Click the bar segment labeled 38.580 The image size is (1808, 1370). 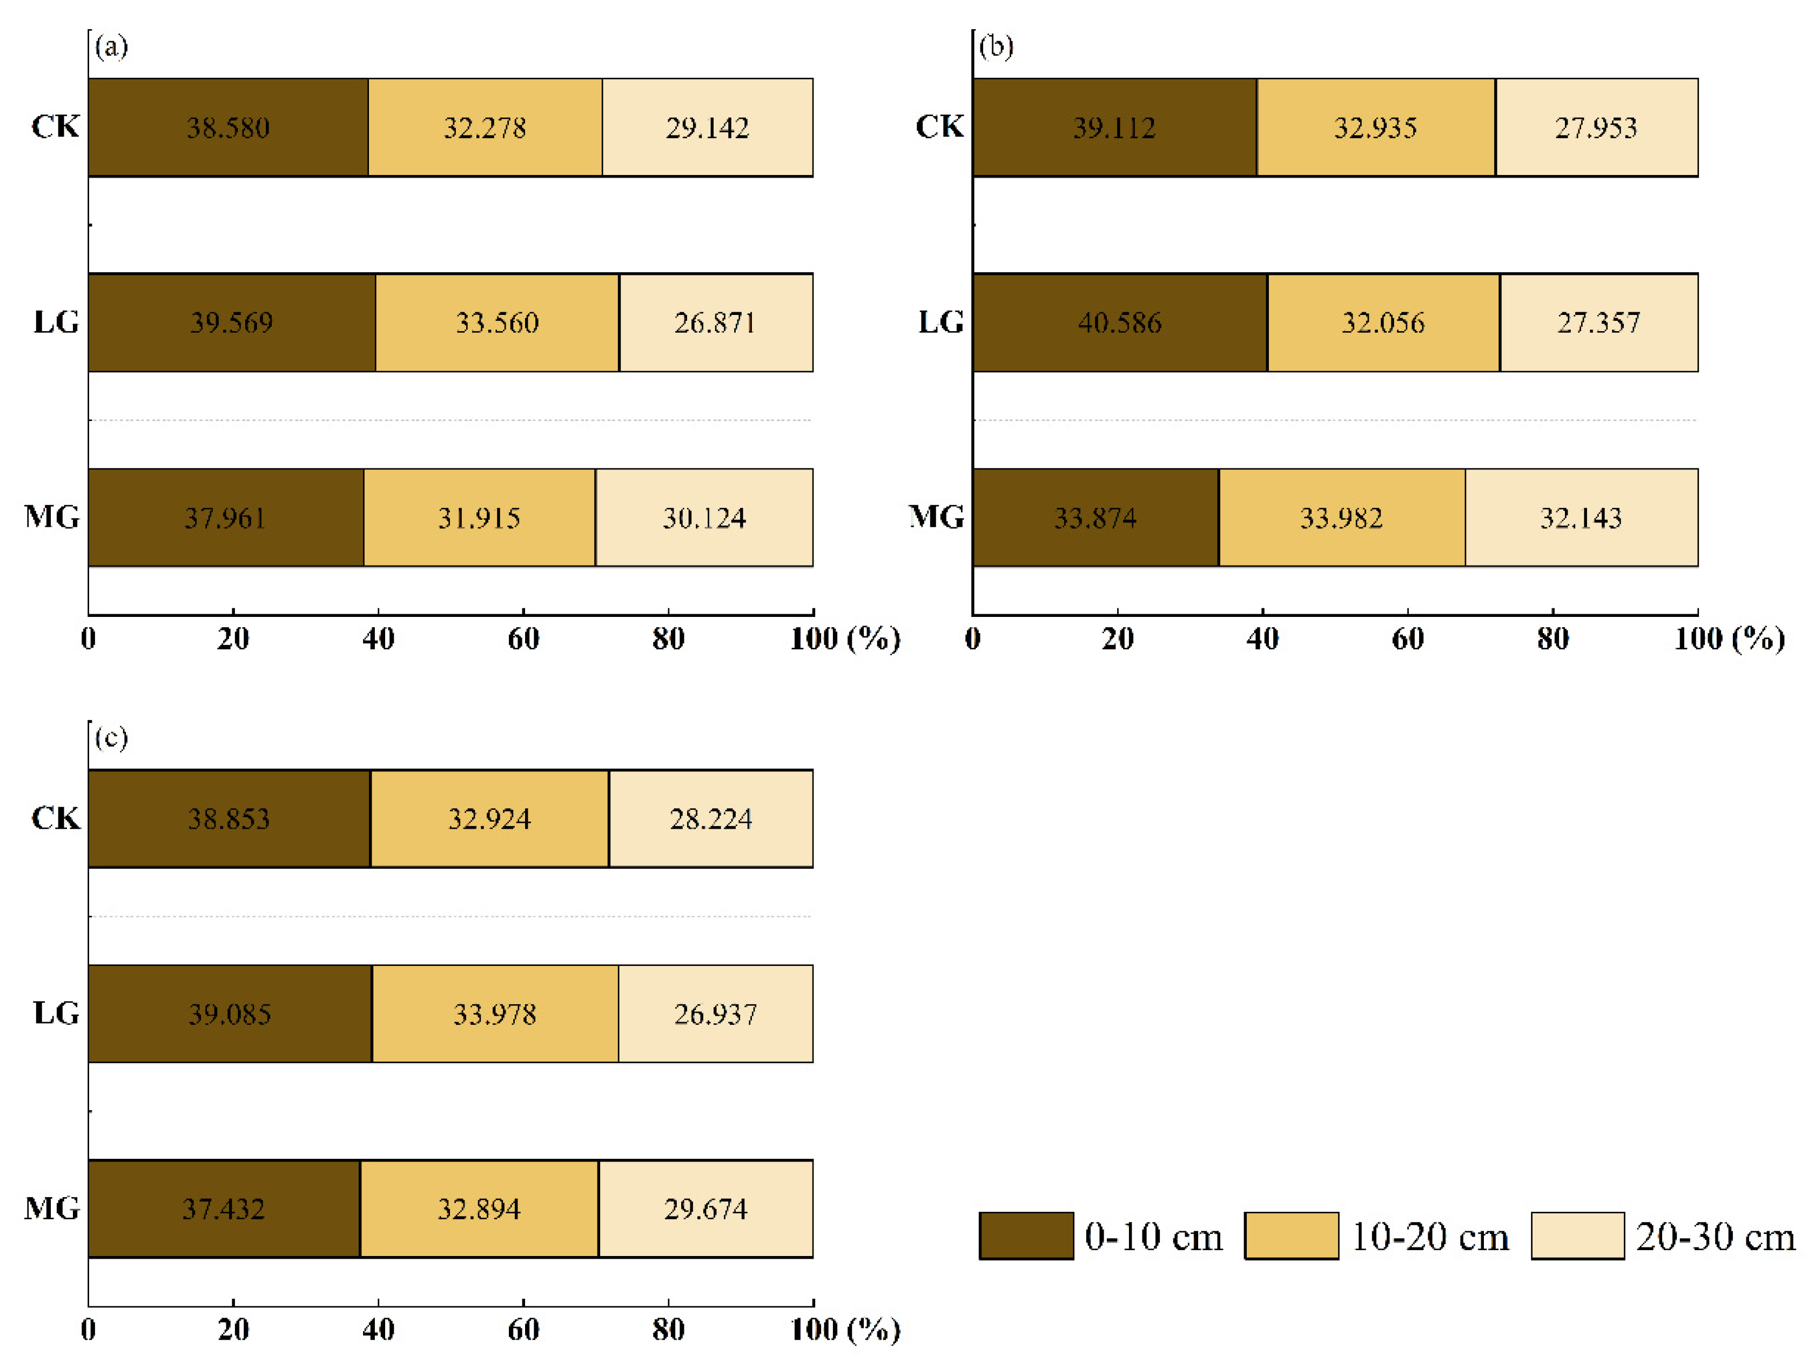click(228, 127)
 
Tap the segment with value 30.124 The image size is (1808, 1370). click(704, 518)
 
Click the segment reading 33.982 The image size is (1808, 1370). click(1341, 518)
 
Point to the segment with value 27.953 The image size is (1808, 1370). click(1596, 127)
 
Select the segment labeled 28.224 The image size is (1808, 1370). click(710, 818)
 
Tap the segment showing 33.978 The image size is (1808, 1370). click(494, 1013)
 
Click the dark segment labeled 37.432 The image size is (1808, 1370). click(223, 1208)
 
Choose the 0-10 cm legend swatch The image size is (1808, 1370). click(1026, 1235)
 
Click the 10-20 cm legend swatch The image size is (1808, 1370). click(1291, 1235)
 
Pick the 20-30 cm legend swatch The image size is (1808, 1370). click(1577, 1235)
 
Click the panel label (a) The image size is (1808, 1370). click(111, 46)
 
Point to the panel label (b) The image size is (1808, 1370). click(996, 46)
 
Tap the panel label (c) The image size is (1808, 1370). click(111, 737)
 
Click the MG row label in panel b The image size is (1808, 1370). click(937, 516)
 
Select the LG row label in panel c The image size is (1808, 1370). click(56, 1013)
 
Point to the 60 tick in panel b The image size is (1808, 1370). click(1408, 639)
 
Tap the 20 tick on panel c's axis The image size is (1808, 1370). click(233, 1330)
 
